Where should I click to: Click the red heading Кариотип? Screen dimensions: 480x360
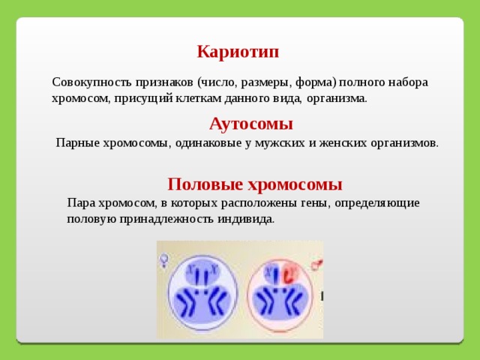point(238,52)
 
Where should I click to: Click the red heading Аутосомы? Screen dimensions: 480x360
point(251,124)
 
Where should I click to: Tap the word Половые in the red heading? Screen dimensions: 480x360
point(205,184)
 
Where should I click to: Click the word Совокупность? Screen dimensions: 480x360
point(92,82)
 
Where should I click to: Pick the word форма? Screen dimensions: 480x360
point(315,82)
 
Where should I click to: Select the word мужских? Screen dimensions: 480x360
point(280,143)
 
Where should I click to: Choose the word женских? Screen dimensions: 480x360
point(343,143)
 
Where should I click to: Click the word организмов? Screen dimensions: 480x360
point(404,143)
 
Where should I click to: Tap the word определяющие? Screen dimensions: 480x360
point(377,203)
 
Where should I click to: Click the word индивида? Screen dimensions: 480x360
point(246,219)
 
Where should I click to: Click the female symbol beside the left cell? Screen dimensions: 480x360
point(164,260)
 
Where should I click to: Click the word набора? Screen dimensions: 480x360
point(408,82)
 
